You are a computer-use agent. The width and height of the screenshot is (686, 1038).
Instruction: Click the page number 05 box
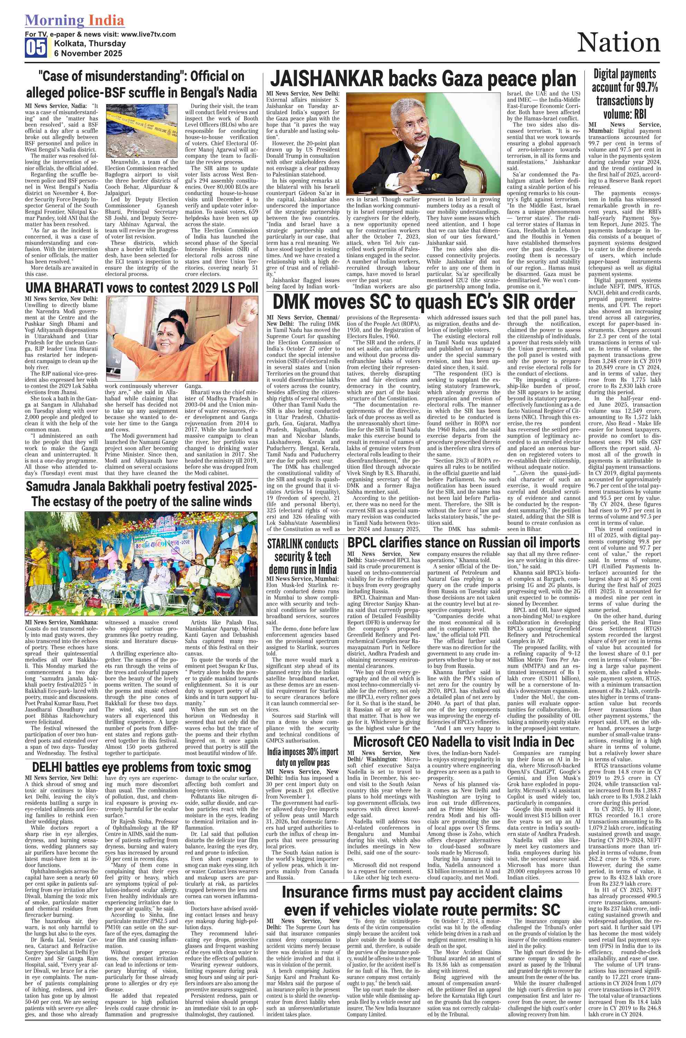[36, 48]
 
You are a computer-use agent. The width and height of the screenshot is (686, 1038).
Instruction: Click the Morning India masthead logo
[74, 20]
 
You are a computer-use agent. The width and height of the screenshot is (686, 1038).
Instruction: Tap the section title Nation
[618, 43]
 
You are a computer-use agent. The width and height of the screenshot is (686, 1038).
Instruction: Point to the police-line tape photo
[142, 130]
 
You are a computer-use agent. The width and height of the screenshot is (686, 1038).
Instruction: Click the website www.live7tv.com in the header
[148, 34]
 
